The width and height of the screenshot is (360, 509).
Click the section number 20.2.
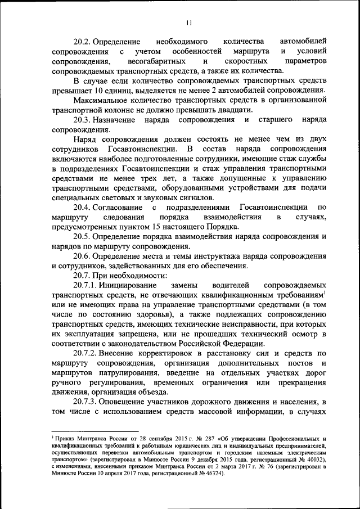point(82,42)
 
